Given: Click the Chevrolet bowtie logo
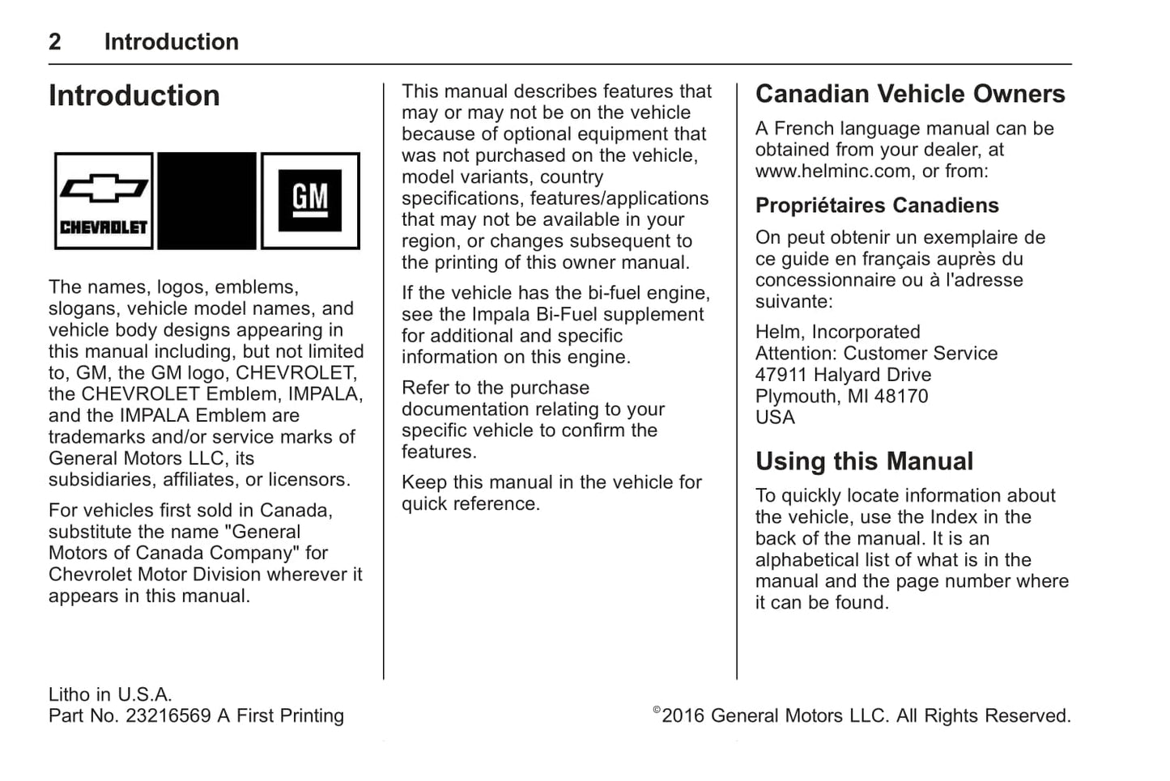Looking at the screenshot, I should (x=104, y=200).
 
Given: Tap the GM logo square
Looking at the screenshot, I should (x=310, y=200).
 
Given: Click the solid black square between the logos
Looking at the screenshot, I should (x=206, y=200).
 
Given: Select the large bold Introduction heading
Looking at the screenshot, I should (x=134, y=96).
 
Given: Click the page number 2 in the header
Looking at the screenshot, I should (x=54, y=42).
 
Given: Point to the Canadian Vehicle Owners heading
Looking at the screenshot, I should (x=910, y=94).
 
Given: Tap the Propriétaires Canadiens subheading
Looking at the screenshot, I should (x=877, y=206).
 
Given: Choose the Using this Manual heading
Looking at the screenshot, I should (x=864, y=461).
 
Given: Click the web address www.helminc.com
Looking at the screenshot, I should (x=832, y=171).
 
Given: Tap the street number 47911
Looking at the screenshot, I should (x=781, y=375).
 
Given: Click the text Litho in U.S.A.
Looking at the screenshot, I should (x=110, y=694).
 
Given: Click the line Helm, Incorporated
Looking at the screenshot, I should (x=837, y=332).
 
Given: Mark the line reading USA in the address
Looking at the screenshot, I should (x=775, y=418).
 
